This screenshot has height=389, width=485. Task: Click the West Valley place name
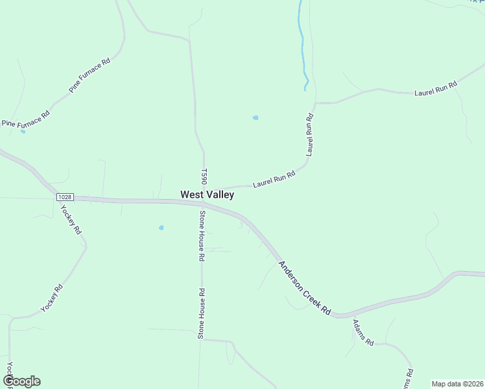coord(207,194)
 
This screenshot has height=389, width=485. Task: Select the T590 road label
coord(203,177)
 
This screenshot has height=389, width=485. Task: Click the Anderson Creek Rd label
coord(304,288)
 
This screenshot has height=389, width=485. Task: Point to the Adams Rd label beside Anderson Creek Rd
coord(363,332)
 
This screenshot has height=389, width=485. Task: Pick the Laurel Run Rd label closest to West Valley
coord(274,179)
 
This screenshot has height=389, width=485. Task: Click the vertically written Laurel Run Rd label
coord(310,134)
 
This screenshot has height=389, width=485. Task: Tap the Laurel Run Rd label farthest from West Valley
coord(436,89)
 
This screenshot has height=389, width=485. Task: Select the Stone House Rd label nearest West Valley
coord(202,235)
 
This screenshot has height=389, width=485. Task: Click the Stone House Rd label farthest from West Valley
coord(202,314)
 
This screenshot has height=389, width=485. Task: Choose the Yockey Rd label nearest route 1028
coord(71,219)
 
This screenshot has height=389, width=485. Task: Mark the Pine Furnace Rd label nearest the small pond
coord(26,117)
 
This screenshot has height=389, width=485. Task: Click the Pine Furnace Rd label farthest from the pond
coord(90,75)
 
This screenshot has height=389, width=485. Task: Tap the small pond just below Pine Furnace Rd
coord(23,132)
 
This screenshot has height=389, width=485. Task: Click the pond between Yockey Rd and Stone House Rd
coord(161,228)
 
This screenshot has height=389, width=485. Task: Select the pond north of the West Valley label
coord(255,117)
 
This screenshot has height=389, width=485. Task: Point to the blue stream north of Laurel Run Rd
coord(302,45)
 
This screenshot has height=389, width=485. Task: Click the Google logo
coord(21,381)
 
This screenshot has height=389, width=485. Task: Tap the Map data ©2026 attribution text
coord(457,383)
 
